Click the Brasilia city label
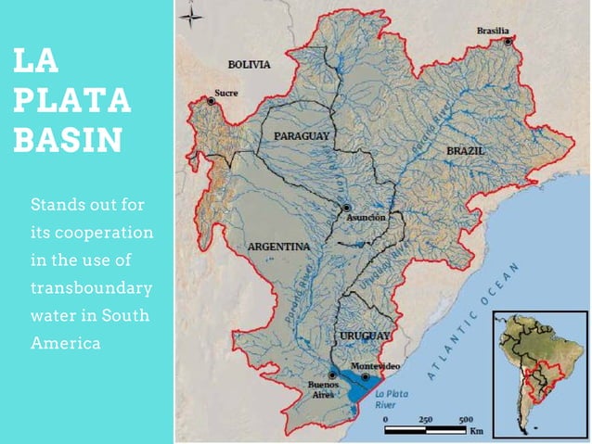pos(493,31)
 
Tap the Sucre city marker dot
pos(212,102)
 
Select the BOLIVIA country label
pos(249,65)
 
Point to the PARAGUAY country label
pos(302,136)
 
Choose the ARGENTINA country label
pos(278,247)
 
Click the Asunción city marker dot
pos(346,209)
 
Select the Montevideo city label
pos(375,367)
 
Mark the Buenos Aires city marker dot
pos(332,375)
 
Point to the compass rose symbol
pos(191,15)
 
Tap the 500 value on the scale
pos(466,419)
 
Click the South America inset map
pos(539,374)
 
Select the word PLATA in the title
pos(72,100)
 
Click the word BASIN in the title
pos(69,140)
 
